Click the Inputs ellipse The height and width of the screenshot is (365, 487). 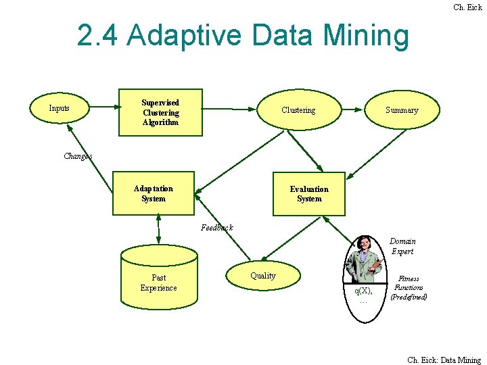[x=60, y=108]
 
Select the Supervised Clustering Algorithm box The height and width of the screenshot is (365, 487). [x=160, y=113]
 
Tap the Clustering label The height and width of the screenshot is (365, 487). [x=298, y=110]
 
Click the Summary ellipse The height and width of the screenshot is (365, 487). [x=402, y=110]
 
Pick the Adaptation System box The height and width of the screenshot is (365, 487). [x=154, y=194]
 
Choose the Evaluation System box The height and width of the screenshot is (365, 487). [x=309, y=194]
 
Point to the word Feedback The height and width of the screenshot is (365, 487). [x=217, y=228]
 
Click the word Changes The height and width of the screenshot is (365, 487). [x=78, y=156]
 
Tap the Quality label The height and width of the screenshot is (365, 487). [x=263, y=276]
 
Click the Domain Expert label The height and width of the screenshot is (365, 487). [x=402, y=246]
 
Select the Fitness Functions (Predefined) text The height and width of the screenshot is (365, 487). [x=409, y=287]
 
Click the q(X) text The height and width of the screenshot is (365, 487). [x=364, y=291]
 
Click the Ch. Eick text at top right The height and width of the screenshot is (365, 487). [x=467, y=7]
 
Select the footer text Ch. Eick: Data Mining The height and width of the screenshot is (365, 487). [x=444, y=360]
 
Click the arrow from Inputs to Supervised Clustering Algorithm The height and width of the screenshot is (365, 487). [x=104, y=107]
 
